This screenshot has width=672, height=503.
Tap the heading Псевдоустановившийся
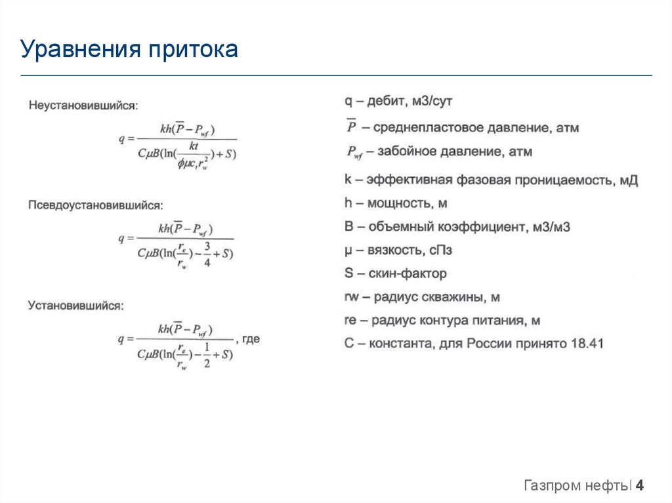pyautogui.click(x=95, y=205)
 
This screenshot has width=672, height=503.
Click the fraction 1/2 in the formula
pyautogui.click(x=207, y=355)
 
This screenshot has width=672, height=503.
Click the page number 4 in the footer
pyautogui.click(x=639, y=486)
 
